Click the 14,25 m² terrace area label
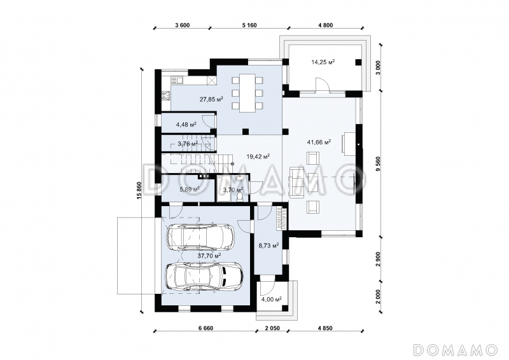tap(323, 62)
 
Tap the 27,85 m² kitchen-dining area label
tap(211, 99)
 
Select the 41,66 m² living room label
tap(319, 142)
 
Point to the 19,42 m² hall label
tap(258, 157)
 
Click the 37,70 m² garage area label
tap(209, 256)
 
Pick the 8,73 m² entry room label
tap(268, 246)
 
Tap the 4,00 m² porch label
tap(272, 300)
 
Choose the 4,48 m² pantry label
tap(186, 124)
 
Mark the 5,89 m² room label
tap(189, 189)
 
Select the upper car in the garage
tap(200, 236)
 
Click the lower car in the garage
tap(204, 276)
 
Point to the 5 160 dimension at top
tap(249, 25)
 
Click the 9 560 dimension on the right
tap(378, 165)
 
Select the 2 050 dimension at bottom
tap(272, 328)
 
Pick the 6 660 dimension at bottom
tap(206, 328)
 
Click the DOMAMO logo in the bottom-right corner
tap(456, 350)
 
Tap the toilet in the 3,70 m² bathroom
tap(240, 196)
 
